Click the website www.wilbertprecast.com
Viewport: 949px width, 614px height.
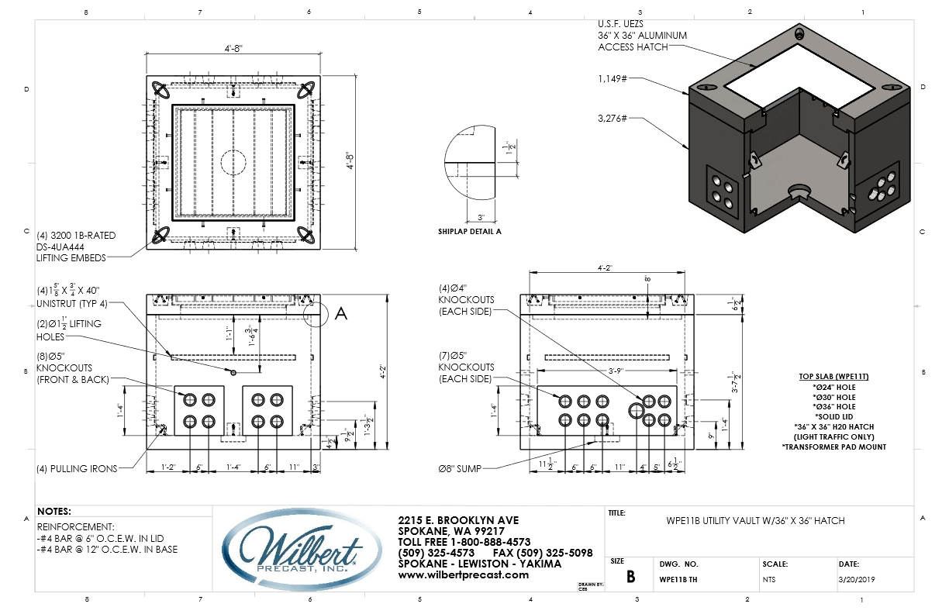coord(452,575)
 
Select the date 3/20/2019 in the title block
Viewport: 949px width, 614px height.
coord(857,578)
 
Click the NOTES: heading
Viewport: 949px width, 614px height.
coord(54,512)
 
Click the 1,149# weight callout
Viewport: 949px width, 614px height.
coord(612,78)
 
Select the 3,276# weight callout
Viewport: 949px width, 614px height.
coord(612,118)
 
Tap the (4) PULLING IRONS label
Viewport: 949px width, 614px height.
coord(76,468)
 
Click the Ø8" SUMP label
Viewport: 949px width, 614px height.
coord(464,467)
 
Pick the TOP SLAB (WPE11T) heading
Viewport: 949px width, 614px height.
coord(833,376)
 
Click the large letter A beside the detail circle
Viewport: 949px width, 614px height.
coord(340,313)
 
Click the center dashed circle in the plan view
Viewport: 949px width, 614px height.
coord(233,163)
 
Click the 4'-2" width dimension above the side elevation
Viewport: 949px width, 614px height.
coord(606,269)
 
